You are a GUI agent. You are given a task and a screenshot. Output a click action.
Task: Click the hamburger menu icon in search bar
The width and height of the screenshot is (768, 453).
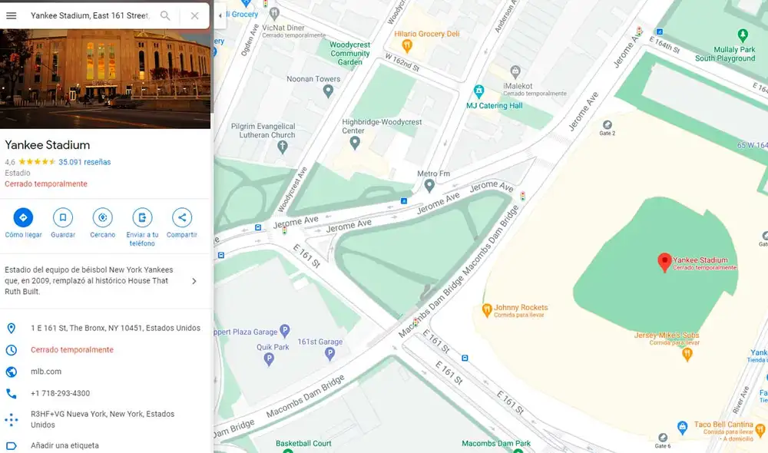(x=12, y=15)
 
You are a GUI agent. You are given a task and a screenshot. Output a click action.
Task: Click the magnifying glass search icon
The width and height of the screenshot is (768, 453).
(x=165, y=15)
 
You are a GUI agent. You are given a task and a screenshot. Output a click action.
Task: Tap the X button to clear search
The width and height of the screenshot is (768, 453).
(x=194, y=15)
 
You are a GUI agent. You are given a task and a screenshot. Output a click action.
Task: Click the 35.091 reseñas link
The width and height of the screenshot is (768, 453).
(x=84, y=162)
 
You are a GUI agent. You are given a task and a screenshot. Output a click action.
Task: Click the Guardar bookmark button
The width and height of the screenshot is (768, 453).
(x=63, y=217)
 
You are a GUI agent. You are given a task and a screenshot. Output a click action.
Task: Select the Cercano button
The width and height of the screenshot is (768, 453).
(x=103, y=217)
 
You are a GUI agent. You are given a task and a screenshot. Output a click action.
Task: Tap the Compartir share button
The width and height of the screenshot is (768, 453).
(x=182, y=217)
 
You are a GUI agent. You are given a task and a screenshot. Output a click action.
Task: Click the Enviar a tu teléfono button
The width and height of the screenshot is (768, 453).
(x=142, y=217)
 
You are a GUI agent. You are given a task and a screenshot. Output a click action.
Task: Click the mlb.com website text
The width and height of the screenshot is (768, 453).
(x=46, y=372)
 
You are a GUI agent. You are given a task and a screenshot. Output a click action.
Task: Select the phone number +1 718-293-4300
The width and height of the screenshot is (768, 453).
(x=60, y=393)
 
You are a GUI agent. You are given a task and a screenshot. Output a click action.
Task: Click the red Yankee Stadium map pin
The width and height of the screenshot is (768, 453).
(x=664, y=263)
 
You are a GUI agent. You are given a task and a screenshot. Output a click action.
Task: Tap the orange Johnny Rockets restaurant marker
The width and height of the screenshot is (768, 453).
(x=486, y=310)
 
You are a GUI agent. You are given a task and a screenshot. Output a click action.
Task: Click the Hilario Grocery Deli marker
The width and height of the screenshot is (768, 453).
(x=407, y=46)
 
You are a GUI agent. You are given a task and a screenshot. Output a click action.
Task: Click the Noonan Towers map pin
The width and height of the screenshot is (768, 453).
(x=329, y=91)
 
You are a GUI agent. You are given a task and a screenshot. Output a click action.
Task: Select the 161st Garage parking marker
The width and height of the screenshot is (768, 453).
(x=330, y=354)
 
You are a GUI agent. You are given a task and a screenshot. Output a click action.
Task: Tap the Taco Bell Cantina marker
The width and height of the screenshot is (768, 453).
(x=682, y=427)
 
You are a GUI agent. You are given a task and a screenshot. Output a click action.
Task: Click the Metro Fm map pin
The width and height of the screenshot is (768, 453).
(x=429, y=185)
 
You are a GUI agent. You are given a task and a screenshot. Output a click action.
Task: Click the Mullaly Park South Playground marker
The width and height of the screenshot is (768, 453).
(x=742, y=35)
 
